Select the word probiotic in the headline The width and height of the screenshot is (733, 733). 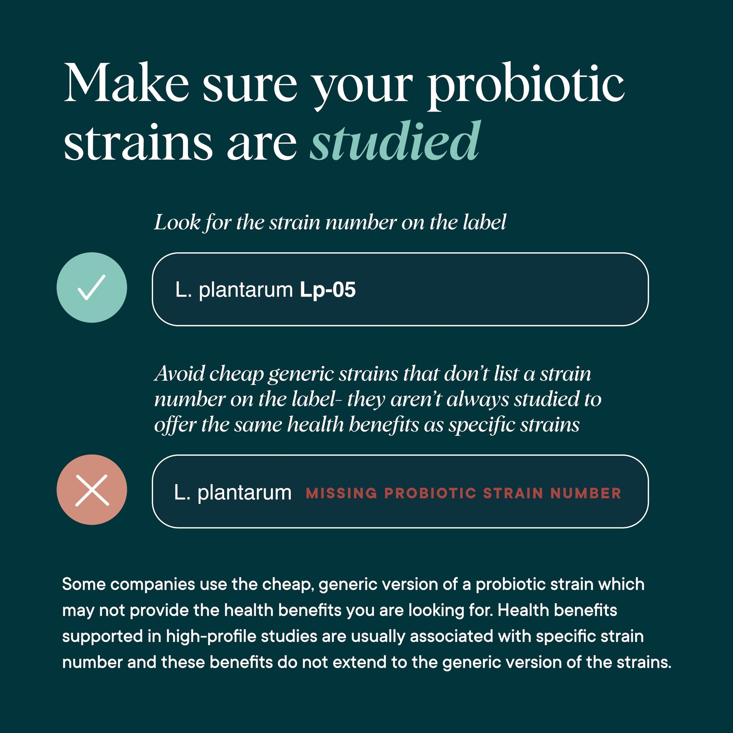click(x=526, y=86)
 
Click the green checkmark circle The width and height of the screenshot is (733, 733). click(x=92, y=287)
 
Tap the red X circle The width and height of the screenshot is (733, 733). click(x=92, y=490)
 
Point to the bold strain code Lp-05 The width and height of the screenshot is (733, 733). click(x=328, y=290)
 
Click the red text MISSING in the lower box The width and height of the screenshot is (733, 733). click(x=342, y=493)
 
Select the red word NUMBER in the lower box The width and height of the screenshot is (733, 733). click(x=586, y=493)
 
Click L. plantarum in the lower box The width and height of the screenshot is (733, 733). click(x=232, y=493)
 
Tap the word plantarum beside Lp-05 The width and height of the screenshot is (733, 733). click(x=246, y=291)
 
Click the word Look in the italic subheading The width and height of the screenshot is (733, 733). click(x=177, y=222)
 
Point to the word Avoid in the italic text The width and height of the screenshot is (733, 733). click(x=180, y=374)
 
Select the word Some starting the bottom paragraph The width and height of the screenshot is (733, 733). click(x=84, y=584)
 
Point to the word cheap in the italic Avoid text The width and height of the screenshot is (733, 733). click(x=236, y=374)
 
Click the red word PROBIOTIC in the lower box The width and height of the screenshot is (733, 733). click(x=430, y=493)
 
